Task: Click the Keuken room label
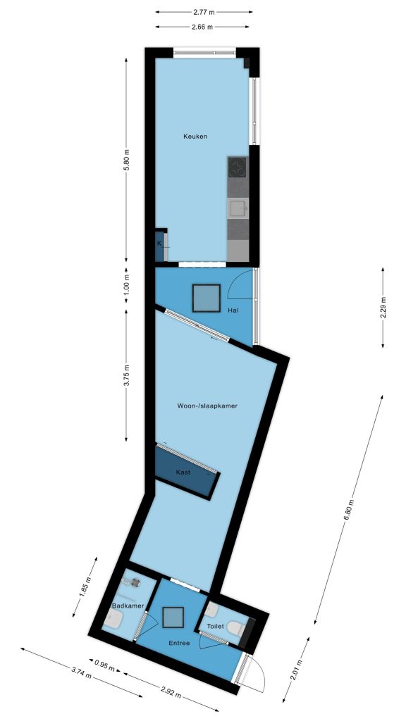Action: (195, 137)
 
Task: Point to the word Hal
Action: (233, 311)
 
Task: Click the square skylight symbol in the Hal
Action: (207, 298)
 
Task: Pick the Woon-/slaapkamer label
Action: (207, 406)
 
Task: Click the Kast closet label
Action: (183, 472)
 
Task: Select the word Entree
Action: (179, 644)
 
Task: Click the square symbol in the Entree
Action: (173, 617)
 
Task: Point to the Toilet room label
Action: (216, 626)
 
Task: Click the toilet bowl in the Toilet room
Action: (237, 627)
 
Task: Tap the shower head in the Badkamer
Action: (135, 582)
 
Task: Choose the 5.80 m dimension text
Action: (127, 161)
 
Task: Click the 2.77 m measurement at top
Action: (204, 13)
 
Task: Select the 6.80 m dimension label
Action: (348, 510)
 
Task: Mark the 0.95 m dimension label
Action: (104, 666)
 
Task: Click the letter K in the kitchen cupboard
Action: (159, 243)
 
